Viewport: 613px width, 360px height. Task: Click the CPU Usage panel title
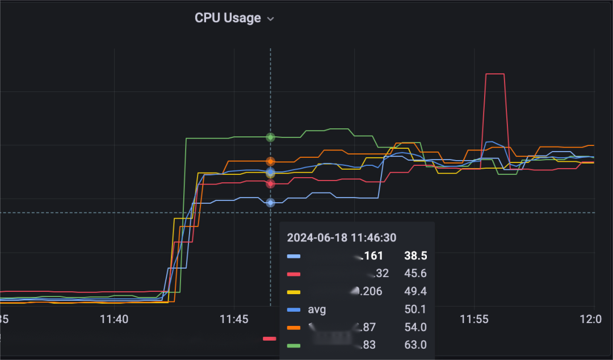click(228, 18)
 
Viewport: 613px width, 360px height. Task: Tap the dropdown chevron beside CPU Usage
click(271, 19)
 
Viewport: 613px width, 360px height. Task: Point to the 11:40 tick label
click(114, 320)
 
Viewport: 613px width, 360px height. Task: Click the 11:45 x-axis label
click(234, 320)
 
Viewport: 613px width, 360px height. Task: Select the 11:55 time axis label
click(474, 320)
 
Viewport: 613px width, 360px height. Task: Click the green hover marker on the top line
click(271, 137)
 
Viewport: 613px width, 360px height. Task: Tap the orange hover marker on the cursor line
click(271, 161)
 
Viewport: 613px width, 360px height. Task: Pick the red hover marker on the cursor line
click(271, 183)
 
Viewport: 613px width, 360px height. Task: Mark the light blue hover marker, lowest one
click(271, 203)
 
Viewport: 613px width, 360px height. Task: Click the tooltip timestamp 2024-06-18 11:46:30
click(342, 238)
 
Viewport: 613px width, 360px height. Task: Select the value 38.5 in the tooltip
click(415, 256)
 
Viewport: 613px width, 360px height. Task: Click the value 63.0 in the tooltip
click(415, 345)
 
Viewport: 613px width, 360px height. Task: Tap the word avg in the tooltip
click(317, 309)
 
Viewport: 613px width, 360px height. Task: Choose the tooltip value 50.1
click(415, 309)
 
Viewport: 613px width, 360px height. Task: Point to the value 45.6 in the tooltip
click(415, 274)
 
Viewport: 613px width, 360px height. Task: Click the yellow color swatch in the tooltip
click(293, 292)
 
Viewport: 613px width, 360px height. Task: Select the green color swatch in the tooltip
click(293, 345)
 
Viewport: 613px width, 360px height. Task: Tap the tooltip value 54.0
click(415, 327)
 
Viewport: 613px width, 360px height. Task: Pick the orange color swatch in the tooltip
click(293, 327)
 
